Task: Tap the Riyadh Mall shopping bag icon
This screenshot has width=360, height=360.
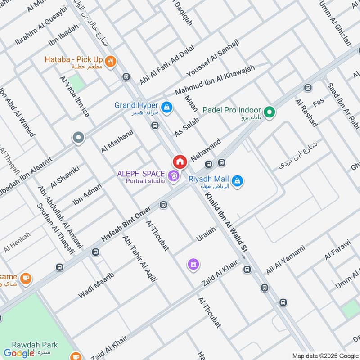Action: (x=238, y=181)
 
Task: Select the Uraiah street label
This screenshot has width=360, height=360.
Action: (x=206, y=234)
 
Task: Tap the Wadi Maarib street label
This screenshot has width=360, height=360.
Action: (x=96, y=285)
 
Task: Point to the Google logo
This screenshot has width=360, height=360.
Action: (x=19, y=353)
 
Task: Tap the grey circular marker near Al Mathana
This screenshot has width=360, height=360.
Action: (x=79, y=138)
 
